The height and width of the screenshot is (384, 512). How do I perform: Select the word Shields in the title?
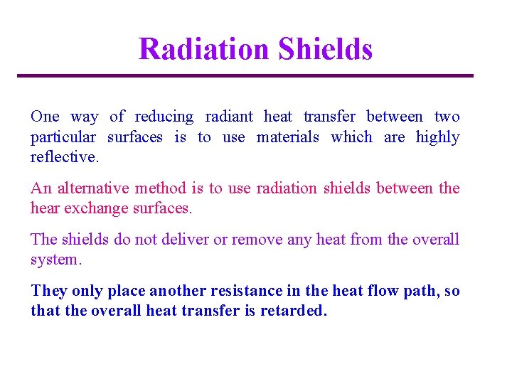click(x=325, y=49)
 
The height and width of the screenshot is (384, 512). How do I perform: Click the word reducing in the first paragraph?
click(x=164, y=117)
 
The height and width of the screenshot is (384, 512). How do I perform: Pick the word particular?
click(x=63, y=137)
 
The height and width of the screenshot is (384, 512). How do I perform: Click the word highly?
click(x=437, y=137)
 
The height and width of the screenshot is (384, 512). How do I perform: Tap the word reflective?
click(x=65, y=156)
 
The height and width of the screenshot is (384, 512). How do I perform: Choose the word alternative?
click(x=93, y=188)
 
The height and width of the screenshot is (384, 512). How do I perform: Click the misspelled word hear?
click(x=44, y=208)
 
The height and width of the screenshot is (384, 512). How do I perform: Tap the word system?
click(x=56, y=260)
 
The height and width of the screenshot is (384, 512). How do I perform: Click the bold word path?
click(x=423, y=292)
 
